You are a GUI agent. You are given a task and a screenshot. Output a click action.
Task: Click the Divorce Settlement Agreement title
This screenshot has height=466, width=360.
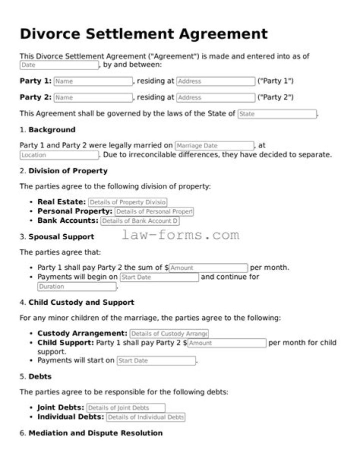point(143,34)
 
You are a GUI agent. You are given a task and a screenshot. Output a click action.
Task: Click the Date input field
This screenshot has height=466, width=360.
point(59,65)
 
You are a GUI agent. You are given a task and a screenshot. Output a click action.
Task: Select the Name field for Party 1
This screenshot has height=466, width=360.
point(93,81)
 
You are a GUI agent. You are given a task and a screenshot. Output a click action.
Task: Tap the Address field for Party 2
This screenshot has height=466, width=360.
point(215,98)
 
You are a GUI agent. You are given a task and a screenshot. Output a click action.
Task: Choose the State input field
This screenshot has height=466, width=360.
point(277,114)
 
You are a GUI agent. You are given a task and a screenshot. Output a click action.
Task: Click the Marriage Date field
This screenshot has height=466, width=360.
point(214,146)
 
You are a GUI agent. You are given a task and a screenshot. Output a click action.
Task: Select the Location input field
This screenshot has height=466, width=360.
point(59,155)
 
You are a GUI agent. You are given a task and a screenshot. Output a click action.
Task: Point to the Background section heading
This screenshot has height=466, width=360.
point(51,130)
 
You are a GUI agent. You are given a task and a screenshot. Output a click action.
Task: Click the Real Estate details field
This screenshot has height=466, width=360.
point(127,202)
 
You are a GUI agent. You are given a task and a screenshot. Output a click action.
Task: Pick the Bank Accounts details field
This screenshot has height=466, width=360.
point(139,221)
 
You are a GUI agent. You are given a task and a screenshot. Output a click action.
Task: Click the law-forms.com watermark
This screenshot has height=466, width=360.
point(180,235)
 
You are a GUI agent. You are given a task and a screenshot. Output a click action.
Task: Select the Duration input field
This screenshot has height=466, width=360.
point(77,287)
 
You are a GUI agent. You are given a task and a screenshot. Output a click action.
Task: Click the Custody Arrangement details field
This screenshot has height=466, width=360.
point(169,333)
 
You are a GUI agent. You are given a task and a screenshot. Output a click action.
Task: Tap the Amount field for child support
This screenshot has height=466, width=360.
point(226,343)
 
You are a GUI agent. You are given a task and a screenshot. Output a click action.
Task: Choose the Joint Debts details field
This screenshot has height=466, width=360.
point(125,408)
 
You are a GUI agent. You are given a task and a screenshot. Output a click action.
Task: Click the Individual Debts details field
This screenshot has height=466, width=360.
point(145,417)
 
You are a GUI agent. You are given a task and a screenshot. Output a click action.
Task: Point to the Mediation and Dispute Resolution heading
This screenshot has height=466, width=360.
point(95,432)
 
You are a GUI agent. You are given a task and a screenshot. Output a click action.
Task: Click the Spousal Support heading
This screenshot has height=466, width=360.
point(61,236)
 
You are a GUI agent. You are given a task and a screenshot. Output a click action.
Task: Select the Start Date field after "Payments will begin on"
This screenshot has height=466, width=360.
point(159,277)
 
